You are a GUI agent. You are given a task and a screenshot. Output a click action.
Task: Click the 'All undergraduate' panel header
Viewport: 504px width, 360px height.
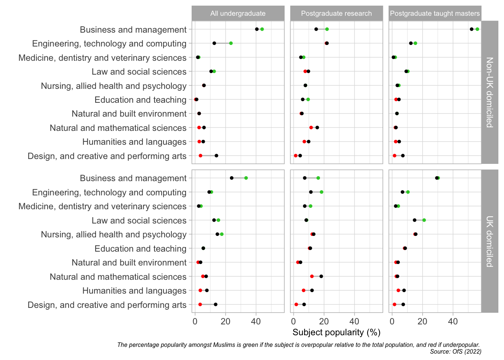click(238, 13)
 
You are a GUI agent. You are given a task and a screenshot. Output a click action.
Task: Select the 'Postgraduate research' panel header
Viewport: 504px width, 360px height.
click(336, 13)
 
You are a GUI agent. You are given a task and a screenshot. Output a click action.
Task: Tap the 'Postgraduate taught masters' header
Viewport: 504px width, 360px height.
click(435, 13)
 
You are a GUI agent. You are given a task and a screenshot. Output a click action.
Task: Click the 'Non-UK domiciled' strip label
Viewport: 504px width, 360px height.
click(489, 92)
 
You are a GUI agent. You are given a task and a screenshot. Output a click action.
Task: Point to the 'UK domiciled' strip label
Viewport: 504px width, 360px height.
click(489, 241)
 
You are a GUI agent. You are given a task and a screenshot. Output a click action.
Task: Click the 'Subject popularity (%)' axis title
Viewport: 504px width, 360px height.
click(336, 332)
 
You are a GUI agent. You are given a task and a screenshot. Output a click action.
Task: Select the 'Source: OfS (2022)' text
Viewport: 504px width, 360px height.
click(456, 351)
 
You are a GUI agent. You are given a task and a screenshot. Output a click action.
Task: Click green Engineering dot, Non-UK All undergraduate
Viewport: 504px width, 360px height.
click(231, 43)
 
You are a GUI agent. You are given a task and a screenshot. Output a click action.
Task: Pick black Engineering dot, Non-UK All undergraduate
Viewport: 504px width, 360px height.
click(214, 43)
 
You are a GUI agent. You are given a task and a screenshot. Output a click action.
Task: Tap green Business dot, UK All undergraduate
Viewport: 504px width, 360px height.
click(246, 178)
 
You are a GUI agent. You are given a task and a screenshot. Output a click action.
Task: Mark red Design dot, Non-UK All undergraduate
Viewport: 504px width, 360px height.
click(201, 156)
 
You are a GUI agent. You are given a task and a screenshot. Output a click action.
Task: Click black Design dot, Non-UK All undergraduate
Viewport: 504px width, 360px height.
click(216, 156)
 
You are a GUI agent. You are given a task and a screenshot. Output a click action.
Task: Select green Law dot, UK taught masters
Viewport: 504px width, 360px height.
click(424, 220)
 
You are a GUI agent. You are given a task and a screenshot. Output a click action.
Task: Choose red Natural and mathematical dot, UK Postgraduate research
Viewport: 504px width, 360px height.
click(312, 276)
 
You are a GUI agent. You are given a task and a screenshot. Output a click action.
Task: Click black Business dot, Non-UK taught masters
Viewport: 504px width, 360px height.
click(471, 29)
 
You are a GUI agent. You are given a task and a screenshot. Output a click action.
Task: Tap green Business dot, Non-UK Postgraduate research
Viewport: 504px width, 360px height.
click(327, 29)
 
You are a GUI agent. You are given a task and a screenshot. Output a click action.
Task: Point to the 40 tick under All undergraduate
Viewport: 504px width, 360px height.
click(256, 321)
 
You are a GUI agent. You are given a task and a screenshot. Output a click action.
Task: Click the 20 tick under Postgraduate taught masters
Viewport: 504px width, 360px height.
click(423, 321)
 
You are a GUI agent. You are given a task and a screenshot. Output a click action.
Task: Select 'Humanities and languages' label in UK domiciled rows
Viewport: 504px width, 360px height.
click(134, 291)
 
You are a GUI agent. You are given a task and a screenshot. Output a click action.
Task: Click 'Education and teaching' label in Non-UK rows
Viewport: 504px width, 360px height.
click(140, 100)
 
